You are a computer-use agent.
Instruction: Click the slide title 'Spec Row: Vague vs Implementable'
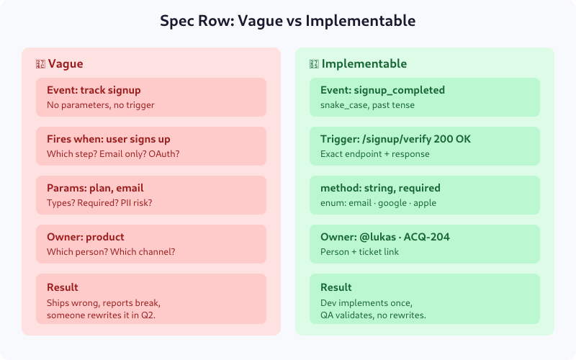click(288, 22)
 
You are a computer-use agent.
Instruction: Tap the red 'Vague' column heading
click(65, 63)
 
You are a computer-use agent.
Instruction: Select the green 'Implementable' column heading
click(364, 63)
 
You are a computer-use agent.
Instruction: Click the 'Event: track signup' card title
click(94, 90)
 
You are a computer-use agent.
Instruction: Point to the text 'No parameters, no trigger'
click(101, 105)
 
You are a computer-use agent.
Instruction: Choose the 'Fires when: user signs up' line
click(109, 139)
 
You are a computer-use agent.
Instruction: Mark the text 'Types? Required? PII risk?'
click(99, 203)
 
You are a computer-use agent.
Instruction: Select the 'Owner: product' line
click(86, 237)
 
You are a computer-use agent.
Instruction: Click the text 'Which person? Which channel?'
click(111, 252)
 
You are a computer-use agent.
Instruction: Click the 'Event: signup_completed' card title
click(382, 90)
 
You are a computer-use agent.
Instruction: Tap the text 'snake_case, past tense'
click(367, 105)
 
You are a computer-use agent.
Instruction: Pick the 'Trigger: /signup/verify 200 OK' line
click(395, 139)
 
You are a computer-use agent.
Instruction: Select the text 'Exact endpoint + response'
click(374, 154)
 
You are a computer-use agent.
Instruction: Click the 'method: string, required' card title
click(380, 188)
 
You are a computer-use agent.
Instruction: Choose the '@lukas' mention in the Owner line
click(375, 237)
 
